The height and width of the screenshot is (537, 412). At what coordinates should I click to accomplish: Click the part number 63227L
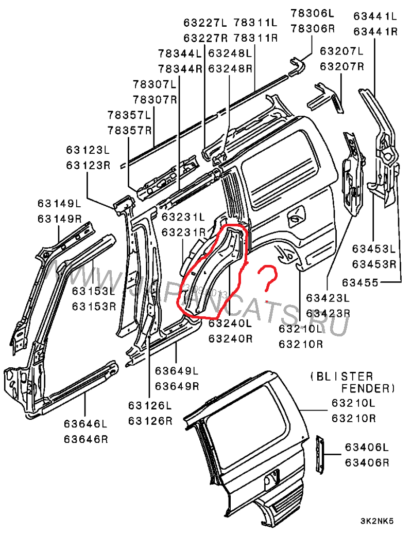[x=205, y=23]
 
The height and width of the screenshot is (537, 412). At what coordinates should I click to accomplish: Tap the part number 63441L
[x=375, y=16]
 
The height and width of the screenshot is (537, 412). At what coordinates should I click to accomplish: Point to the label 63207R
[x=342, y=66]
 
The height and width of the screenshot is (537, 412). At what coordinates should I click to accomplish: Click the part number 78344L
[x=180, y=53]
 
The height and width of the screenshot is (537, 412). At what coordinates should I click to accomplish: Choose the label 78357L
[x=130, y=114]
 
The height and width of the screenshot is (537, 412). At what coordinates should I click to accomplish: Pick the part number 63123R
[x=88, y=165]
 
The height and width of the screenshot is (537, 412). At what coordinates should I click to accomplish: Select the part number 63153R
[x=94, y=307]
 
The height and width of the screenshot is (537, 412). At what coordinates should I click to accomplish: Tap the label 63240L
[x=230, y=324]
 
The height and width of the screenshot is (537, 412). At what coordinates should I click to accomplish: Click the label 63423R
[x=328, y=313]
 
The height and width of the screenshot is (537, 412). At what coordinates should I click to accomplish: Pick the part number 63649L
[x=177, y=371]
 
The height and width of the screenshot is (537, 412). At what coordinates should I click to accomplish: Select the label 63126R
[x=150, y=421]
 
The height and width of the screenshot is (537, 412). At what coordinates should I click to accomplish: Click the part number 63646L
[x=86, y=424]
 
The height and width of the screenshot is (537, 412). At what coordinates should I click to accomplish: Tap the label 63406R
[x=367, y=462]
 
